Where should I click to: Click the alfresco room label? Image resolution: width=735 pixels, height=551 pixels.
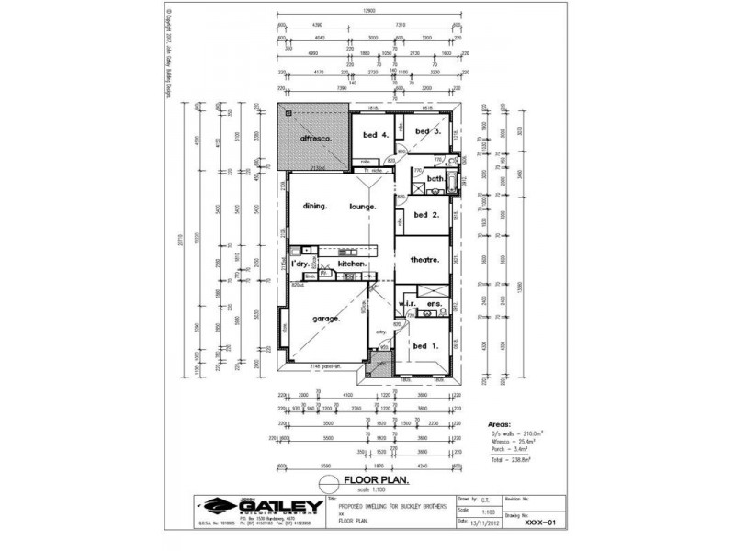315,139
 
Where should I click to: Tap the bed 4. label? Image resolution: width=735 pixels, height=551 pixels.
376,135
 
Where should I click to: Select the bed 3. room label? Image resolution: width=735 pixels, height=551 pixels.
428,131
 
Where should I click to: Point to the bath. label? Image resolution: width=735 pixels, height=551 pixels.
435,179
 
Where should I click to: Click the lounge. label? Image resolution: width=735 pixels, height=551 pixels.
363,207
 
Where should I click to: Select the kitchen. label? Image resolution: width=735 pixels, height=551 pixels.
353,264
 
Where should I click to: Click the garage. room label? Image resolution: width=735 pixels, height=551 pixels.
326,319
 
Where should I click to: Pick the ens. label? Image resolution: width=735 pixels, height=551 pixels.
435,303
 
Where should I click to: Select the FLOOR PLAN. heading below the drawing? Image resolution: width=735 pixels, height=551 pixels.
376,480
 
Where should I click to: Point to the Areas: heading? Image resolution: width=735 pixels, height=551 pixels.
500,425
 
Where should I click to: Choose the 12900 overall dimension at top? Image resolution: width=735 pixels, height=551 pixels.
369,11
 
